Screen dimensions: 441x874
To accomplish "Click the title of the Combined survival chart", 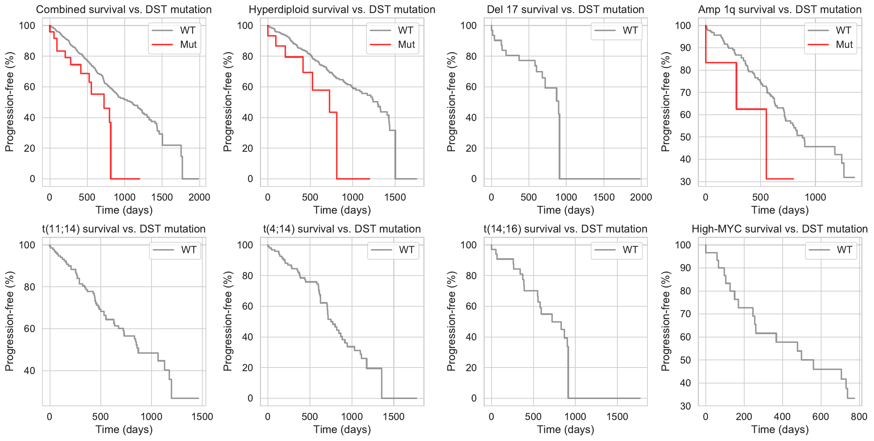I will tap(124, 9).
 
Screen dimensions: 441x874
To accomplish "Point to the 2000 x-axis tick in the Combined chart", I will tap(199, 197).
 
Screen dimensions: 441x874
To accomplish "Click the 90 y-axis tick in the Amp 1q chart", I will tap(685, 48).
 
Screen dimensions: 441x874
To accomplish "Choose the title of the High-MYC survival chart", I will tap(779, 229).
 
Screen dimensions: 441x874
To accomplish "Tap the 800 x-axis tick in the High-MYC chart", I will tap(859, 417).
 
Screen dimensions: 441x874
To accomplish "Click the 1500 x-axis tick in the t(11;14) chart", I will tap(202, 417).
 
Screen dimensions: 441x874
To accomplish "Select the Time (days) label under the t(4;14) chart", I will tap(342, 429).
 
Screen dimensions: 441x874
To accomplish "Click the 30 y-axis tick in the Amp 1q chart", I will tap(685, 182).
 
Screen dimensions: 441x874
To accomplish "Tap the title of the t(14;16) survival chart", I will tap(565, 229).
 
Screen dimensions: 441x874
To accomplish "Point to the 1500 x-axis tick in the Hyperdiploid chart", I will tap(395, 197).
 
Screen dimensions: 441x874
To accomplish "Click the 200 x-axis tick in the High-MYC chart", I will tap(744, 417).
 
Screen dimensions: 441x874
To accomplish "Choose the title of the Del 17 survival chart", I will tap(565, 9).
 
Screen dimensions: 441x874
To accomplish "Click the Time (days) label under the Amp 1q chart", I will tap(780, 210).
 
